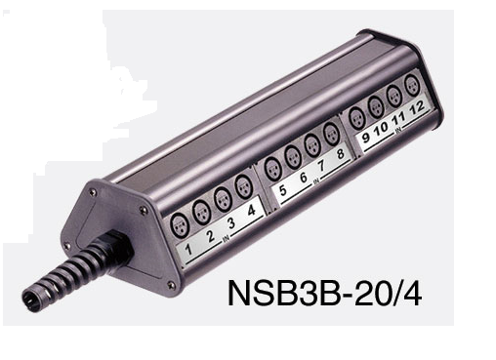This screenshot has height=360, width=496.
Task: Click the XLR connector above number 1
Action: (180, 224)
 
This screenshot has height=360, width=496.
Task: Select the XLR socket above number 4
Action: (243, 187)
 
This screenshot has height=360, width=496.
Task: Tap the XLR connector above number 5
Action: (272, 169)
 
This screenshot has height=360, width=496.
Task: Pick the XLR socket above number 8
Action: (331, 134)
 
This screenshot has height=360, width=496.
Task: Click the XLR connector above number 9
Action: (357, 118)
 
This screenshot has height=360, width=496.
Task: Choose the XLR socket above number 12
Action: (413, 85)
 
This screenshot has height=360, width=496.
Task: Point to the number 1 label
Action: (188, 250)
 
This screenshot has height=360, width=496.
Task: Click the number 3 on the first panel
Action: (231, 223)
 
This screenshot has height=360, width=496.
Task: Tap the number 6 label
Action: (303, 178)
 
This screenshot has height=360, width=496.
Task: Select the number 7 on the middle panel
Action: (321, 166)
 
